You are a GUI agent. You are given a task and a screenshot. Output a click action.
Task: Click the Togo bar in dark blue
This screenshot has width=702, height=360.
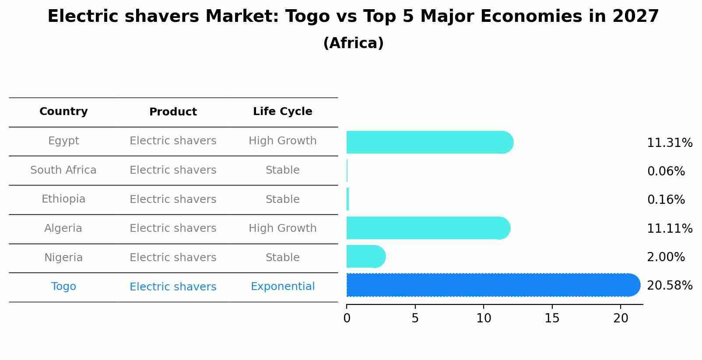click(x=492, y=285)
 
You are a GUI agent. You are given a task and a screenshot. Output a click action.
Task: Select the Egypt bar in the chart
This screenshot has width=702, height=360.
click(x=429, y=142)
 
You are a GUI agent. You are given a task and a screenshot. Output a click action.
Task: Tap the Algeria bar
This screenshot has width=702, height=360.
click(x=428, y=228)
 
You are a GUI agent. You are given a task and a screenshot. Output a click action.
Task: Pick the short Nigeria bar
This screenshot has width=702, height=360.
click(x=365, y=256)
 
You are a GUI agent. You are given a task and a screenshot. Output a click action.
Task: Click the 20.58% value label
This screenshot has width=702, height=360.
click(x=669, y=286)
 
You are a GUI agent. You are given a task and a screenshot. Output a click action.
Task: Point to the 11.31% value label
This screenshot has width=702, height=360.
click(x=669, y=143)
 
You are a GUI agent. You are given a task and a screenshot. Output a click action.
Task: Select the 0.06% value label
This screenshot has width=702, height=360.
click(x=666, y=171)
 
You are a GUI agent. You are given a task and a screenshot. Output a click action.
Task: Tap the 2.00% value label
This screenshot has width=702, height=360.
click(x=666, y=257)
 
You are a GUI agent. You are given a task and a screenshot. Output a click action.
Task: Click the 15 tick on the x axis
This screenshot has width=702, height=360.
click(x=552, y=318)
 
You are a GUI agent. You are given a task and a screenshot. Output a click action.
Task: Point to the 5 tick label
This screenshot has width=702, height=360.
click(x=415, y=318)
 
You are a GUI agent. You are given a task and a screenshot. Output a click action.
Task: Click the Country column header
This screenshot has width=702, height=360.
click(x=63, y=112)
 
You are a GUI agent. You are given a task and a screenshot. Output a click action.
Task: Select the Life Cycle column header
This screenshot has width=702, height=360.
click(x=282, y=112)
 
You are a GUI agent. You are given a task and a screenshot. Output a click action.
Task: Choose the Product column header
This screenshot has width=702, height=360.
click(x=173, y=112)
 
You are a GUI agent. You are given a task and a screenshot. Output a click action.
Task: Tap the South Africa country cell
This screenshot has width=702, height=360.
click(x=63, y=170)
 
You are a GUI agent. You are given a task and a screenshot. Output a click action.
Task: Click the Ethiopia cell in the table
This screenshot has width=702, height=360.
click(x=63, y=199)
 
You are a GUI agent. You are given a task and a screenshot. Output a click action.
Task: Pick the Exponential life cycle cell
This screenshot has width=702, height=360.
click(x=282, y=287)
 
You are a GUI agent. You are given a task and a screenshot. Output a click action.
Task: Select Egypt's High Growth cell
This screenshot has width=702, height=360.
click(x=282, y=141)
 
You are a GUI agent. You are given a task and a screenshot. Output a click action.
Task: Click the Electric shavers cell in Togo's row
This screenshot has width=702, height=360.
click(x=173, y=287)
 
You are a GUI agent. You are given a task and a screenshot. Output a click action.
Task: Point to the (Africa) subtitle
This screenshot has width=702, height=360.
click(x=353, y=43)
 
